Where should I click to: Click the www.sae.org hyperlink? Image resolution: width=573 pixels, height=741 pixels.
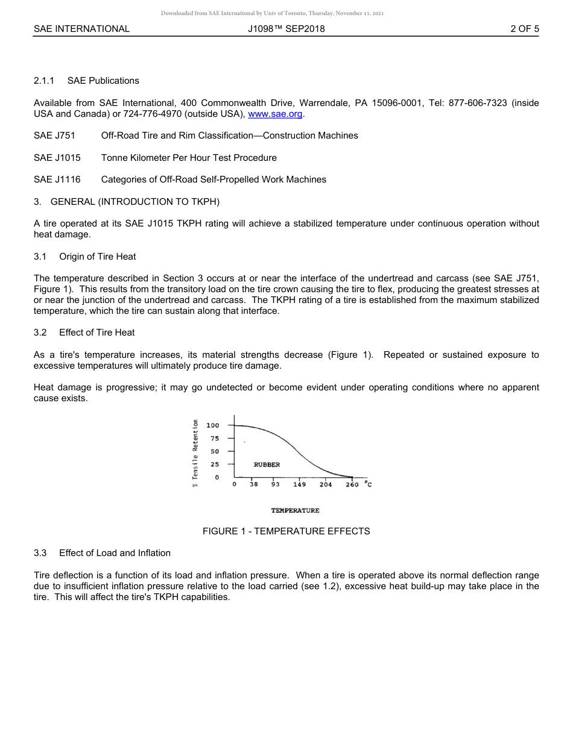click(x=276, y=114)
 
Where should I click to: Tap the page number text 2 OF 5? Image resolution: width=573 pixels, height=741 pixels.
click(x=524, y=28)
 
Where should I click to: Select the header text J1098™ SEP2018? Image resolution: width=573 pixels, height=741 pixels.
click(x=286, y=28)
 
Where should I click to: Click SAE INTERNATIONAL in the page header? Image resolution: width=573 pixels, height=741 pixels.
click(x=81, y=28)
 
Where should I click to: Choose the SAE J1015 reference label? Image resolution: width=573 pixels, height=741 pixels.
click(x=57, y=158)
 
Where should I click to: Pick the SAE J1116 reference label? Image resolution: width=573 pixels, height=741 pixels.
click(x=57, y=180)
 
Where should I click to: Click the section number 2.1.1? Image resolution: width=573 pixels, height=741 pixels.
click(x=44, y=81)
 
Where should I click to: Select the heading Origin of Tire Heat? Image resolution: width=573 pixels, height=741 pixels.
click(x=97, y=257)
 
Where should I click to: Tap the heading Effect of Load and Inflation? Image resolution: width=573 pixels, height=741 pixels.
click(x=115, y=553)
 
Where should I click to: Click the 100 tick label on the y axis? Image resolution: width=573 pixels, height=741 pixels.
click(x=213, y=425)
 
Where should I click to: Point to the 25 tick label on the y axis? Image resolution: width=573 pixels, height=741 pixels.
click(x=215, y=464)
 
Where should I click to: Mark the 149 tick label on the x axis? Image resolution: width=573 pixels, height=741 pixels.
click(x=299, y=484)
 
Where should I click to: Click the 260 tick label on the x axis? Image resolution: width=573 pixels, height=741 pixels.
click(x=352, y=484)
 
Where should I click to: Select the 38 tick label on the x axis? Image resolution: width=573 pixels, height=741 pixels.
click(x=254, y=484)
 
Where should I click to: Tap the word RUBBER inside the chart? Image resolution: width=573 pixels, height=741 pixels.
click(x=267, y=464)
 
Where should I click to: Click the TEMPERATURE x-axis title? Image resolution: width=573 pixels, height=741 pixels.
click(x=295, y=510)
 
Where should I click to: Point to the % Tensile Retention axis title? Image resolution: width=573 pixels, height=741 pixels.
click(x=195, y=449)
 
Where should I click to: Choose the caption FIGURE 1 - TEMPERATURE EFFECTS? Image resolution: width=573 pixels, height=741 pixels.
click(x=286, y=531)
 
